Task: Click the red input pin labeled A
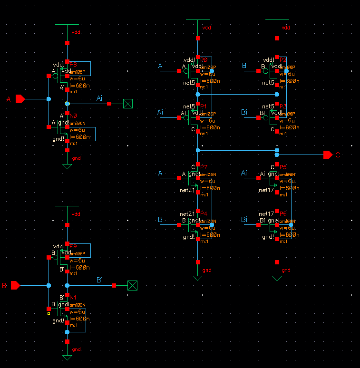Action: pyautogui.click(x=19, y=99)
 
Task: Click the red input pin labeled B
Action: pyautogui.click(x=15, y=285)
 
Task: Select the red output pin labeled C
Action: pyautogui.click(x=328, y=155)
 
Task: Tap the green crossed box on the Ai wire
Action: pyautogui.click(x=128, y=103)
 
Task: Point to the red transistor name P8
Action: pyautogui.click(x=73, y=64)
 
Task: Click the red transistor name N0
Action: pyautogui.click(x=73, y=116)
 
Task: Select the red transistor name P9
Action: pyautogui.click(x=73, y=246)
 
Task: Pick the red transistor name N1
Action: pyautogui.click(x=73, y=298)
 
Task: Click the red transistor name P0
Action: pyautogui.click(x=204, y=60)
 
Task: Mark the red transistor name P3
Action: pyautogui.click(x=283, y=107)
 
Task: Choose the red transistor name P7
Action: pyautogui.click(x=204, y=167)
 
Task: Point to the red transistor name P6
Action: pyautogui.click(x=283, y=214)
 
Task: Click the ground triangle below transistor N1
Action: pyautogui.click(x=67, y=357)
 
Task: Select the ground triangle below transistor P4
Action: pyautogui.click(x=198, y=278)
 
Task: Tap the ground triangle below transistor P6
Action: pyautogui.click(x=277, y=278)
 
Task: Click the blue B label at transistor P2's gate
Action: pyautogui.click(x=244, y=66)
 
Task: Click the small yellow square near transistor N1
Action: pyautogui.click(x=49, y=313)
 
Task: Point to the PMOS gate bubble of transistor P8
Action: pyautogui.click(x=56, y=75)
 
